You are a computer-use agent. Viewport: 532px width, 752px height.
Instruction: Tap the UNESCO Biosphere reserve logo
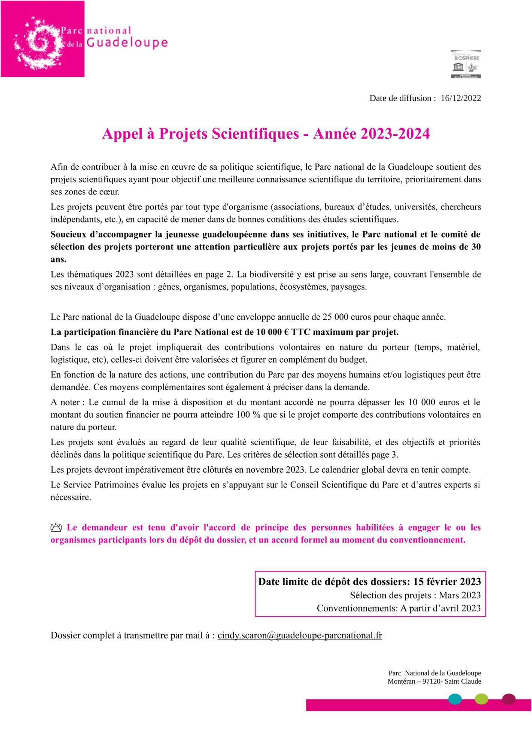(466, 64)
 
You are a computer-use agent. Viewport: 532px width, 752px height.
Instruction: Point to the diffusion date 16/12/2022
(461, 98)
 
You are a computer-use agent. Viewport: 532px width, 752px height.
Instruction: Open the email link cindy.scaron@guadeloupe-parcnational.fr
(300, 635)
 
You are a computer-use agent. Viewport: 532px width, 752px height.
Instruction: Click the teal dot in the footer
(455, 699)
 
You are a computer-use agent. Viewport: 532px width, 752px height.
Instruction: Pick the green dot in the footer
(481, 699)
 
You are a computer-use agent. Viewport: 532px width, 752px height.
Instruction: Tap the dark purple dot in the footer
(509, 698)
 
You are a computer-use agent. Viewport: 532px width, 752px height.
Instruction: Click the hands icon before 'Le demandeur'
(56, 528)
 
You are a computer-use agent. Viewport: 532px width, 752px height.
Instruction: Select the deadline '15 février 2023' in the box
(447, 582)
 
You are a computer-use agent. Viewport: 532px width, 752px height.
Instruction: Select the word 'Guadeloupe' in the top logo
(127, 42)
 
